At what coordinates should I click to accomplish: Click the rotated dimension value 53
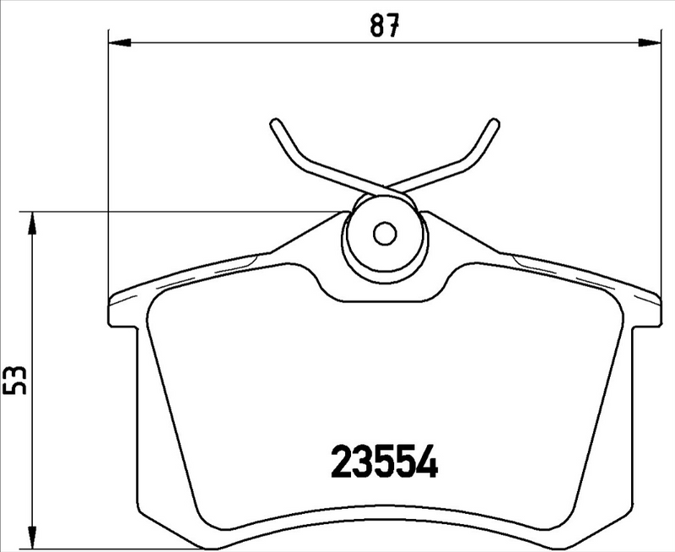pyautogui.click(x=15, y=381)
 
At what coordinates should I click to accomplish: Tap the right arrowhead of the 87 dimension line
pyautogui.click(x=654, y=40)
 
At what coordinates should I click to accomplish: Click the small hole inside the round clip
pyautogui.click(x=385, y=232)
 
